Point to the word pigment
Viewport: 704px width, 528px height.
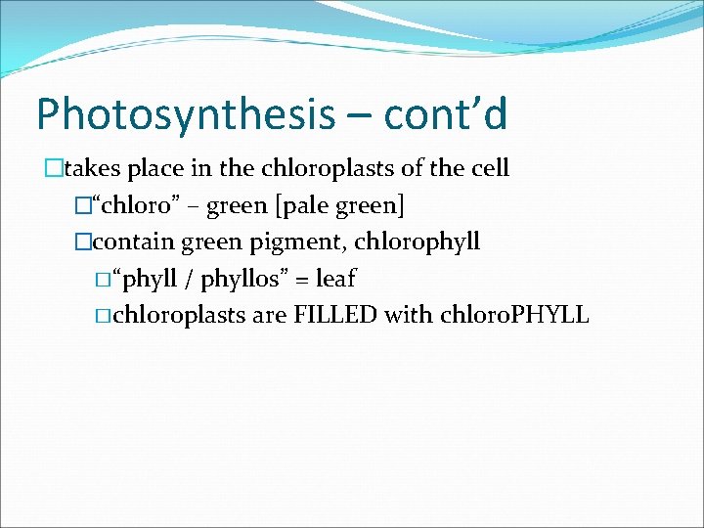point(292,242)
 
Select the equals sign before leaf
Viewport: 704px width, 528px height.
point(301,280)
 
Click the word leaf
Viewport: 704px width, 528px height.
point(335,279)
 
